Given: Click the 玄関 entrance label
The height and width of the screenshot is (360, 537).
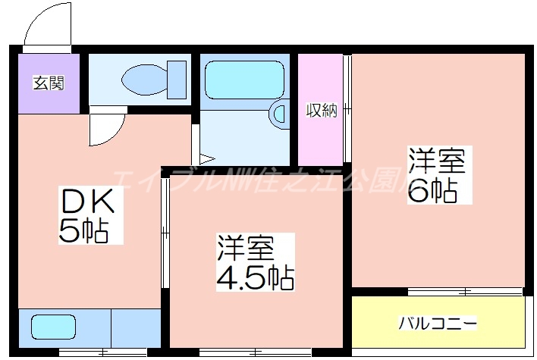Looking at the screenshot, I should coord(48,83).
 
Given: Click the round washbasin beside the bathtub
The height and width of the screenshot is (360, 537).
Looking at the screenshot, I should coord(278,114).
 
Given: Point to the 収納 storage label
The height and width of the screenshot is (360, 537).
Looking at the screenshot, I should coord(320,111).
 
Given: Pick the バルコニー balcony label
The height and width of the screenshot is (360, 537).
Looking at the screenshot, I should coord(438,324).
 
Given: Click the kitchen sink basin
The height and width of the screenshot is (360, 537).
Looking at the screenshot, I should coord(53,327).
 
